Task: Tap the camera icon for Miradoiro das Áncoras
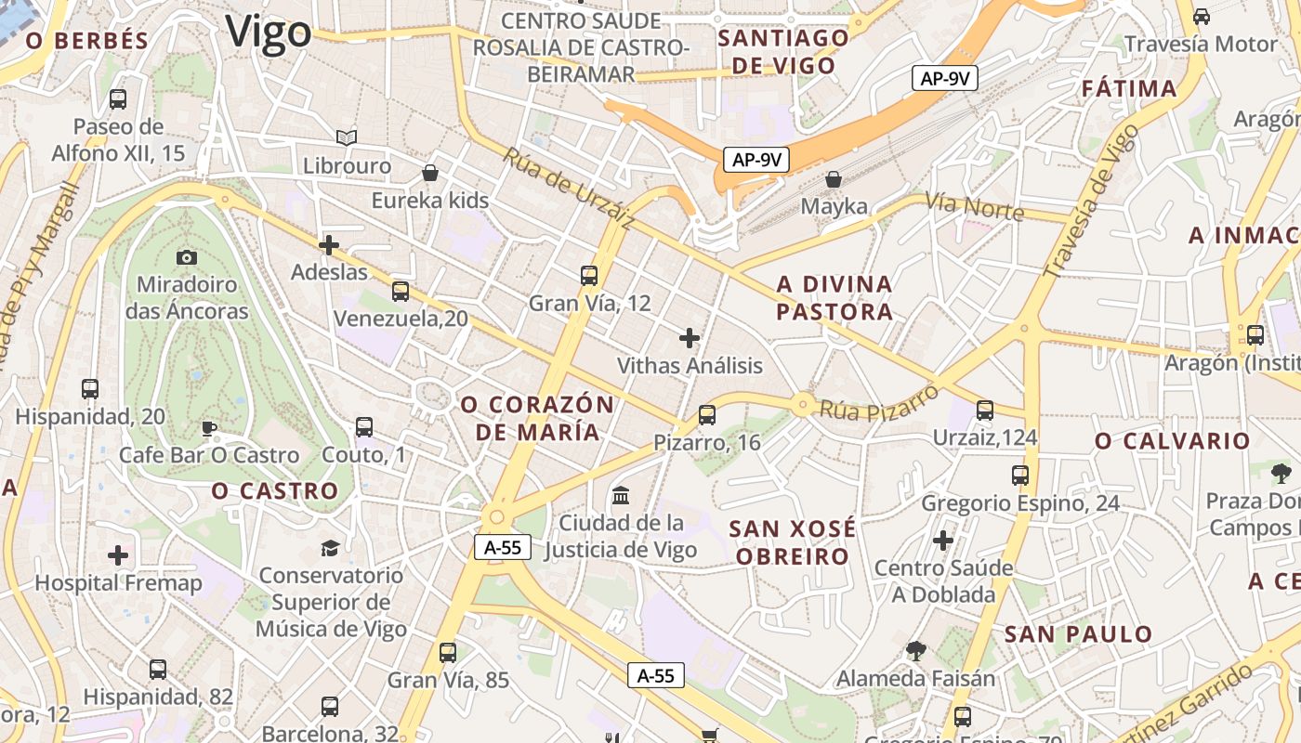click(x=187, y=257)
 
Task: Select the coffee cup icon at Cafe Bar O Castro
click(x=209, y=428)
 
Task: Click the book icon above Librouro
click(x=347, y=138)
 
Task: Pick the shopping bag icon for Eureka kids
click(x=429, y=173)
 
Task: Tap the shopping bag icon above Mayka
click(x=834, y=179)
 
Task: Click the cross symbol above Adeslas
click(x=329, y=245)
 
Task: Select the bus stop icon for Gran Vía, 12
click(x=588, y=276)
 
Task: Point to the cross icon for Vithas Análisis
click(x=690, y=338)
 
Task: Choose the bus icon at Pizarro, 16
click(x=707, y=415)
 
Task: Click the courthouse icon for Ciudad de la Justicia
click(x=621, y=495)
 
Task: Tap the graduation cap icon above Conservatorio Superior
click(x=330, y=548)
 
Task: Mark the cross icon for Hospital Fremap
click(x=118, y=555)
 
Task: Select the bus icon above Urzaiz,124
click(x=985, y=410)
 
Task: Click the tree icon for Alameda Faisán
click(x=915, y=651)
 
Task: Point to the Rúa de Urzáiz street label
click(x=569, y=189)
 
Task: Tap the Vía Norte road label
click(x=974, y=207)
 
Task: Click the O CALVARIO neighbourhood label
click(x=1172, y=441)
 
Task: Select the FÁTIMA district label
click(x=1129, y=89)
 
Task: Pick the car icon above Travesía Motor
click(x=1201, y=16)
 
